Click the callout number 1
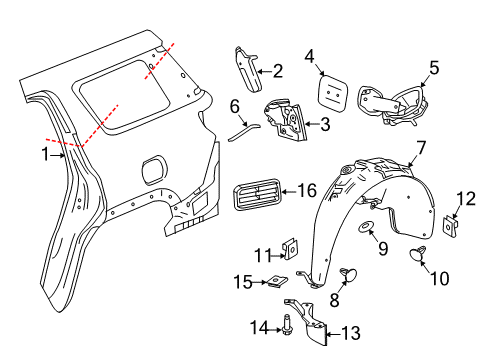pyautogui.click(x=44, y=154)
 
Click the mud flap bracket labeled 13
pyautogui.click(x=309, y=322)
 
